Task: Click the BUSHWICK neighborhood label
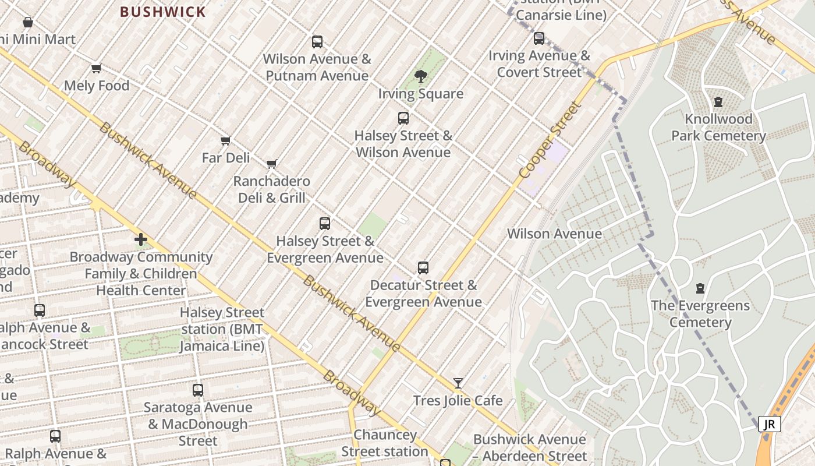click(x=163, y=12)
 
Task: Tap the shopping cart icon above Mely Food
click(x=97, y=68)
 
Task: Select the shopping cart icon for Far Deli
click(x=226, y=140)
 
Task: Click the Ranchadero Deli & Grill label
click(x=271, y=189)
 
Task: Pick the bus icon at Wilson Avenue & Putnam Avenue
click(x=317, y=42)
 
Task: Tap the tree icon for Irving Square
click(x=420, y=76)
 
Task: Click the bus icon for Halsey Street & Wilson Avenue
click(x=403, y=118)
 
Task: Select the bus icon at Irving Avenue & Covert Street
click(x=539, y=38)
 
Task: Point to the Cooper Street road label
click(x=550, y=140)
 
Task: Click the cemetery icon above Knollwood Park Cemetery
click(x=718, y=102)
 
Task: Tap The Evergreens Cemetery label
click(x=700, y=314)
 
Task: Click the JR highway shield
click(x=770, y=424)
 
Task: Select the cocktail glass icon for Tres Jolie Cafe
click(x=458, y=383)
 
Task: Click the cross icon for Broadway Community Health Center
click(x=141, y=239)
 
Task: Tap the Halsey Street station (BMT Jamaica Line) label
click(x=222, y=329)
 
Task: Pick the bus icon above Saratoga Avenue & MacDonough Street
click(x=198, y=390)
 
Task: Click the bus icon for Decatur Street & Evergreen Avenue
click(x=423, y=268)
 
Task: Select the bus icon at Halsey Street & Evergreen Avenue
click(x=325, y=224)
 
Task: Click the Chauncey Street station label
click(x=384, y=443)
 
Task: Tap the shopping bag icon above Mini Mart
click(x=27, y=23)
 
